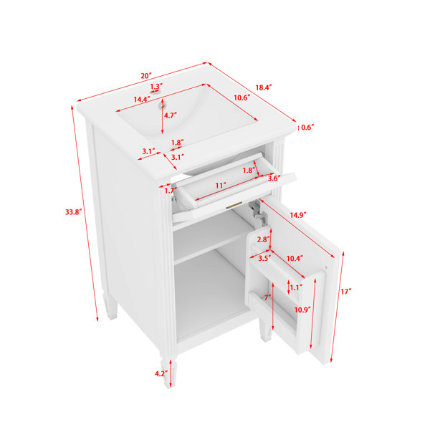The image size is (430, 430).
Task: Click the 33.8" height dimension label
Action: pyautogui.click(x=74, y=211)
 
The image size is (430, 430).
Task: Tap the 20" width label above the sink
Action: pyautogui.click(x=146, y=76)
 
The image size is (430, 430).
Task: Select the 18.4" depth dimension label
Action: pyautogui.click(x=264, y=87)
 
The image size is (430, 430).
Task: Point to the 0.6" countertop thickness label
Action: pyautogui.click(x=307, y=128)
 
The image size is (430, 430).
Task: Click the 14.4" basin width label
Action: pyautogui.click(x=142, y=100)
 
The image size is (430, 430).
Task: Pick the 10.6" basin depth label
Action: pyautogui.click(x=242, y=97)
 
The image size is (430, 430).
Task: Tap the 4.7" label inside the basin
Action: pyautogui.click(x=171, y=115)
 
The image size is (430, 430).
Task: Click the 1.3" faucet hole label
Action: pyautogui.click(x=156, y=86)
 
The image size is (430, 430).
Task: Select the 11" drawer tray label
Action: pyautogui.click(x=221, y=186)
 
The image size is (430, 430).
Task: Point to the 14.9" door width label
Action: pyautogui.click(x=298, y=215)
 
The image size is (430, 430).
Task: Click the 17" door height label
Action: pyautogui.click(x=346, y=291)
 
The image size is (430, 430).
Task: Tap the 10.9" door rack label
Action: pyautogui.click(x=302, y=310)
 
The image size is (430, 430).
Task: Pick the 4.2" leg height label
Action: pyautogui.click(x=161, y=373)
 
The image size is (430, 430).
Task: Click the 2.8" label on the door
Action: pyautogui.click(x=263, y=239)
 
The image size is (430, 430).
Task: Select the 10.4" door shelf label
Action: pyautogui.click(x=295, y=258)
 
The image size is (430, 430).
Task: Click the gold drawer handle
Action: pyautogui.click(x=234, y=205)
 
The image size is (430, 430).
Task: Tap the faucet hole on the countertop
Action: pyautogui.click(x=156, y=92)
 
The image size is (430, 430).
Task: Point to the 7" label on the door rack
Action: pyautogui.click(x=267, y=297)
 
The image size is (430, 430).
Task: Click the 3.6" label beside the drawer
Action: pyautogui.click(x=274, y=178)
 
